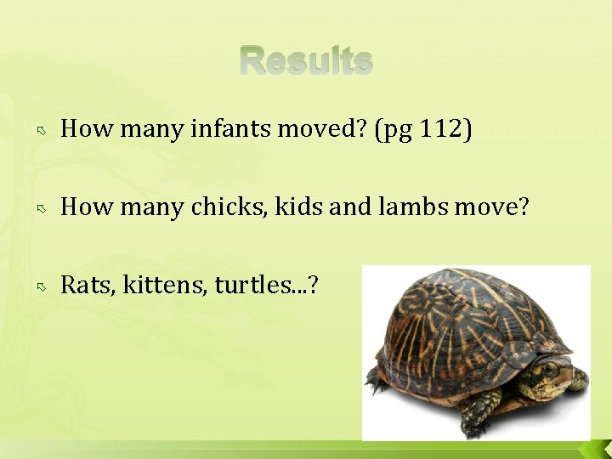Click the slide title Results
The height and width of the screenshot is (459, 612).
pos(306,61)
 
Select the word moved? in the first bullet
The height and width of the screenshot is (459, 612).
pos(326,129)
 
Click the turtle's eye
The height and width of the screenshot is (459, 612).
pos(549,370)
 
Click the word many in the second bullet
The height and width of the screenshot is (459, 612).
pos(150,207)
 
